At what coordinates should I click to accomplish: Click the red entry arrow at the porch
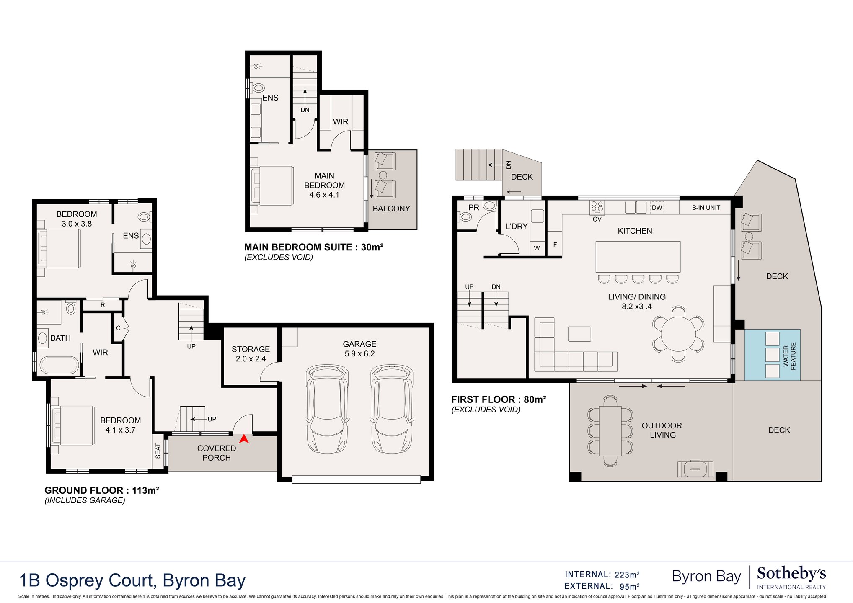(244, 439)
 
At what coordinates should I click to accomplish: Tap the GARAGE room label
(359, 344)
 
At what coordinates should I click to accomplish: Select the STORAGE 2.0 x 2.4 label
(251, 354)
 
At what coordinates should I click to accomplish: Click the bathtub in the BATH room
(59, 365)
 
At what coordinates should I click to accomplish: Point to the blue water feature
(772, 355)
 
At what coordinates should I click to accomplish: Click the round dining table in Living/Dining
(678, 334)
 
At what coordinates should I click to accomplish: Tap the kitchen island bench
(638, 257)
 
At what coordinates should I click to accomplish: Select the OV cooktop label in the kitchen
(597, 219)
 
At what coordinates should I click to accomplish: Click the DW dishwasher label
(657, 208)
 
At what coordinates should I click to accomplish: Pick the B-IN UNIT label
(706, 208)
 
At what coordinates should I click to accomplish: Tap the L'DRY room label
(516, 226)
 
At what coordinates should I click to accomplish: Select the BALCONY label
(391, 209)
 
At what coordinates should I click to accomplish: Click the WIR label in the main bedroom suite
(341, 121)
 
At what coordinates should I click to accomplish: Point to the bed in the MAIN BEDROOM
(271, 186)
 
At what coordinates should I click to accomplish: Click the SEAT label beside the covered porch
(158, 451)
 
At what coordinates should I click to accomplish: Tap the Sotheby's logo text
(791, 573)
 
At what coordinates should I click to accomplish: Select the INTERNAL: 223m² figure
(602, 575)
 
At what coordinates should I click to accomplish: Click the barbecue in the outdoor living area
(695, 469)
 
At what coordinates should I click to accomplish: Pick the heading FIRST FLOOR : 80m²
(499, 399)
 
